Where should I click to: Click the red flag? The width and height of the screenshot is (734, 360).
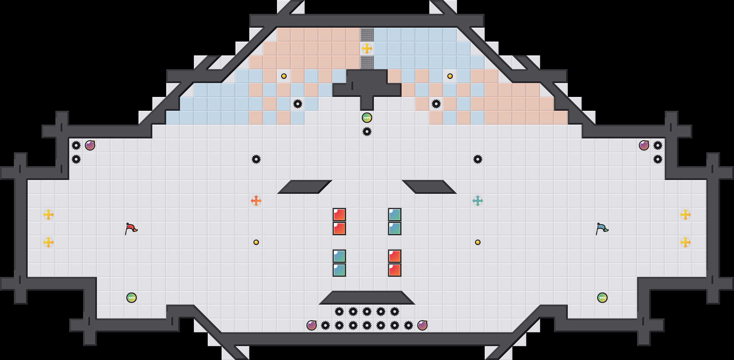tap(131, 228)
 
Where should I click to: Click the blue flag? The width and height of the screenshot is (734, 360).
tap(602, 228)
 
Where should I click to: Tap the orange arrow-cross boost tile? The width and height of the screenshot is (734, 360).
tap(256, 201)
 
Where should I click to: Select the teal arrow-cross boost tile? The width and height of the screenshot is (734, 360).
tap(478, 201)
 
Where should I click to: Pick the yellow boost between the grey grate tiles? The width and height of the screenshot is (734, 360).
tap(367, 48)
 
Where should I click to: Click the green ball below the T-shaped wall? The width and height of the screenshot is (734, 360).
tap(367, 118)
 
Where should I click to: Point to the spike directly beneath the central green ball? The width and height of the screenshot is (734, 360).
tap(367, 132)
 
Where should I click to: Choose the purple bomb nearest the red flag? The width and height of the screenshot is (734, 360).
tap(90, 145)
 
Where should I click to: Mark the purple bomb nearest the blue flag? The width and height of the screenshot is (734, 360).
tap(644, 145)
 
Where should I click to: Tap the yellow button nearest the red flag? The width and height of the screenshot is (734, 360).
tap(256, 242)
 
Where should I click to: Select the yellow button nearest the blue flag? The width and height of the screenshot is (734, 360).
tap(478, 242)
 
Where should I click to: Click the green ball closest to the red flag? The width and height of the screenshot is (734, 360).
tap(132, 298)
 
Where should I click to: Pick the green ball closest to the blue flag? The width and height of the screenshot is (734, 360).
tap(602, 298)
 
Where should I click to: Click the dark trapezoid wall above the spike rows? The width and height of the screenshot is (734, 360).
tap(367, 298)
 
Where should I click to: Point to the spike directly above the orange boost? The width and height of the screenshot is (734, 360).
tap(256, 159)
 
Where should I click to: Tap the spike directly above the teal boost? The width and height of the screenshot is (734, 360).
tap(478, 159)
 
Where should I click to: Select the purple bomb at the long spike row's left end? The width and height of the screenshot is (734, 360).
tap(312, 325)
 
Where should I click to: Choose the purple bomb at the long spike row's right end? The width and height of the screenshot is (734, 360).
tap(422, 325)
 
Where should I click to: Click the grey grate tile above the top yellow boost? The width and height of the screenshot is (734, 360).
tap(367, 35)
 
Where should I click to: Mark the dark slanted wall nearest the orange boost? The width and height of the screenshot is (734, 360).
tap(305, 187)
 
